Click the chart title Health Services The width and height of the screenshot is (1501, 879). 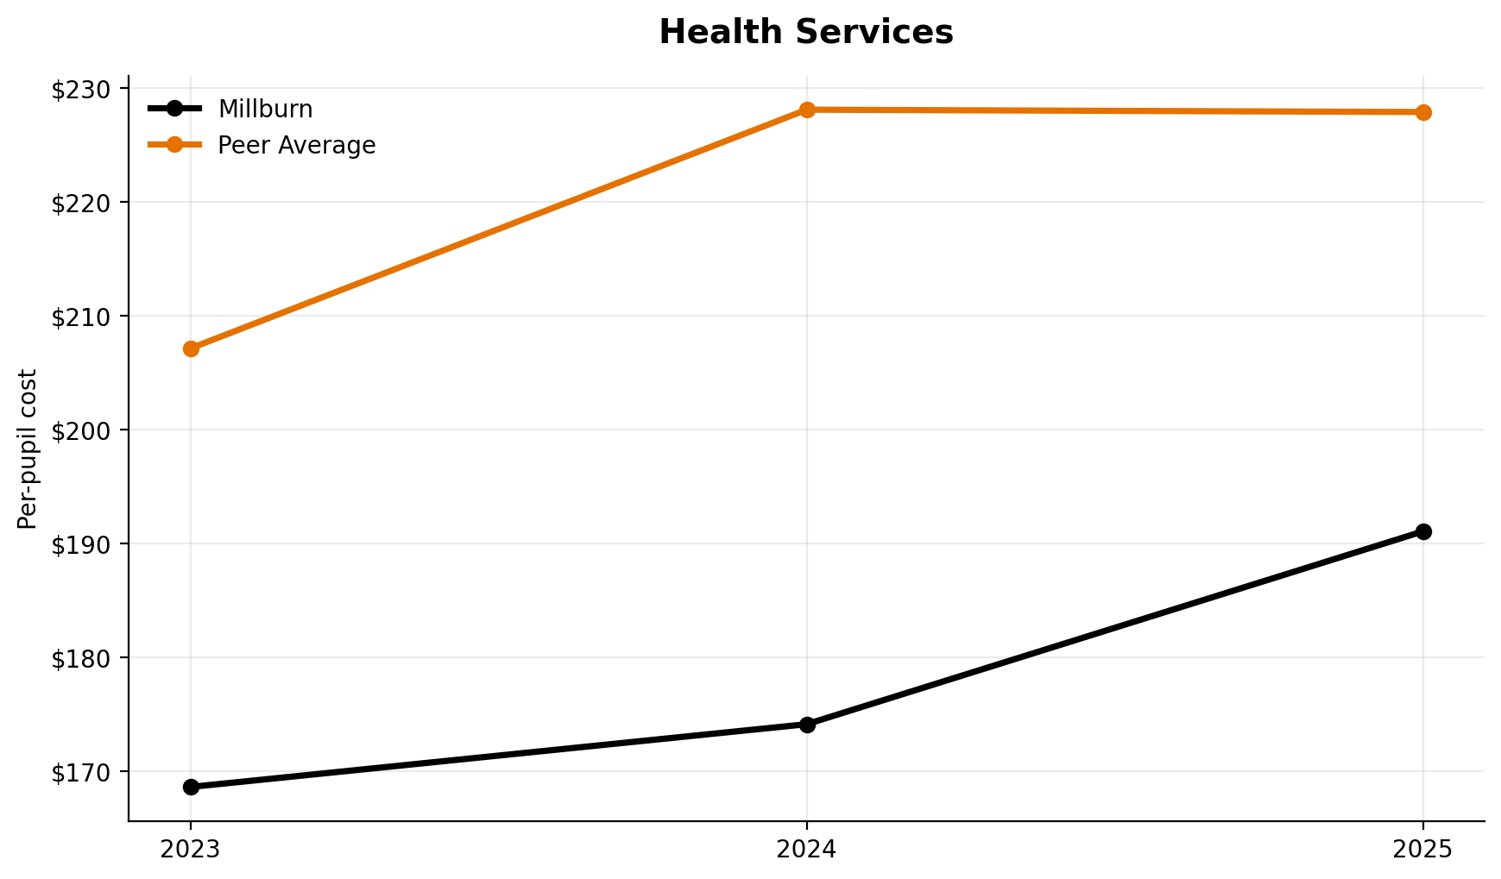[x=805, y=33]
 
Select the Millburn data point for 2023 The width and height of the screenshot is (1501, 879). [x=191, y=787]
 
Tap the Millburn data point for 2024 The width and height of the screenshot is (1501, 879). [x=807, y=725]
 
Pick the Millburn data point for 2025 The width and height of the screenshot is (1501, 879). [x=1423, y=531]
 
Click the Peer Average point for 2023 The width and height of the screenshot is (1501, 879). [x=191, y=348]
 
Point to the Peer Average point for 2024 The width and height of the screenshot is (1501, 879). [x=807, y=110]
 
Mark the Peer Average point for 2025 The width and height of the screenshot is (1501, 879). [x=1423, y=112]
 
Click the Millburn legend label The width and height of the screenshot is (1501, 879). [x=265, y=110]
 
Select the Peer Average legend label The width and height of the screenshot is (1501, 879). [x=296, y=146]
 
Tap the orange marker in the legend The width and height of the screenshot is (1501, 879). [x=174, y=145]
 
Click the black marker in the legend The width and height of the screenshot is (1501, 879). [x=174, y=109]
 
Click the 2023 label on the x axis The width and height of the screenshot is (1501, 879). [x=191, y=850]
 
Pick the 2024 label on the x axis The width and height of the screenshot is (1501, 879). [x=807, y=850]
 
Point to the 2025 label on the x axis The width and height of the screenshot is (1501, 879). [x=1423, y=850]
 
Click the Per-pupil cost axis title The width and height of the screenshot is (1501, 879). [x=28, y=449]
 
